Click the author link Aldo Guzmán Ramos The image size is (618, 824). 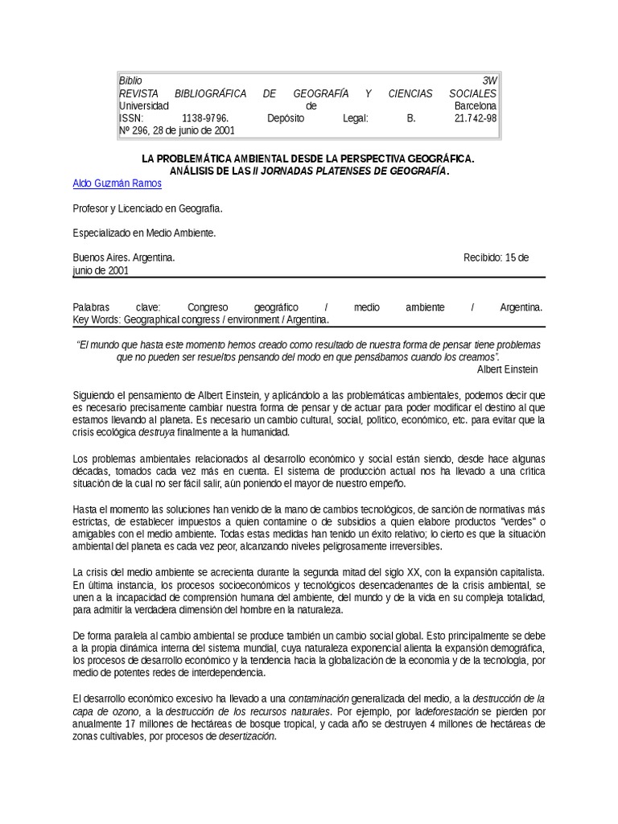point(117,183)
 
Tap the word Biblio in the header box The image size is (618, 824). point(130,80)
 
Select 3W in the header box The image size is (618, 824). point(489,80)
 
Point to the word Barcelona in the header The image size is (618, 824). point(475,105)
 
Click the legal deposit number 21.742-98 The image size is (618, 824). point(476,117)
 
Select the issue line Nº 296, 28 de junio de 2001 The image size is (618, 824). point(177,130)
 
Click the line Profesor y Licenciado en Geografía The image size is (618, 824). point(147,208)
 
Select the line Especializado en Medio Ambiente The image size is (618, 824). point(144,233)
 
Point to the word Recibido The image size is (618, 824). point(483,257)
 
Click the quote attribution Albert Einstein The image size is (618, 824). point(508,369)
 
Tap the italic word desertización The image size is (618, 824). point(241,735)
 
